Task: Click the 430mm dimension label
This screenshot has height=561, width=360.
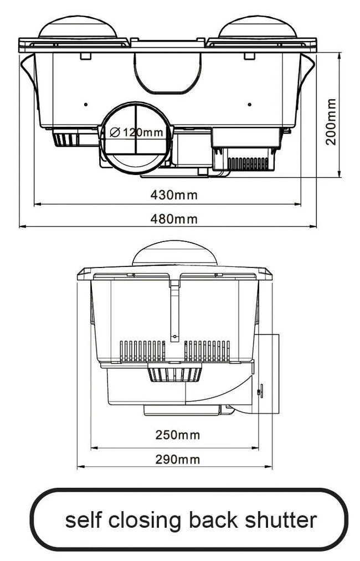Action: [x=174, y=195]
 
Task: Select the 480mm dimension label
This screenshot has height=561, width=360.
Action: [x=174, y=219]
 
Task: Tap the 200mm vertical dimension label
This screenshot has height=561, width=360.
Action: [x=331, y=122]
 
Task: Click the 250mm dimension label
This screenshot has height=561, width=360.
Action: [x=177, y=435]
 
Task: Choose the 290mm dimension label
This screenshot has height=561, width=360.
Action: [x=177, y=459]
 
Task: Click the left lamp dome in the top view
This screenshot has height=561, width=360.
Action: [x=78, y=28]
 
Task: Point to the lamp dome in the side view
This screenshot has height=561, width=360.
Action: [x=174, y=254]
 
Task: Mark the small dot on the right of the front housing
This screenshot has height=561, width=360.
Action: [x=249, y=104]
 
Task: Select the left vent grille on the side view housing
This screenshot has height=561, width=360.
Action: [x=142, y=351]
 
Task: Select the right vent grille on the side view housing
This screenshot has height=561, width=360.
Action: [x=207, y=351]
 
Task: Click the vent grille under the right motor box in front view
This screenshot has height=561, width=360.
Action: [x=248, y=163]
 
